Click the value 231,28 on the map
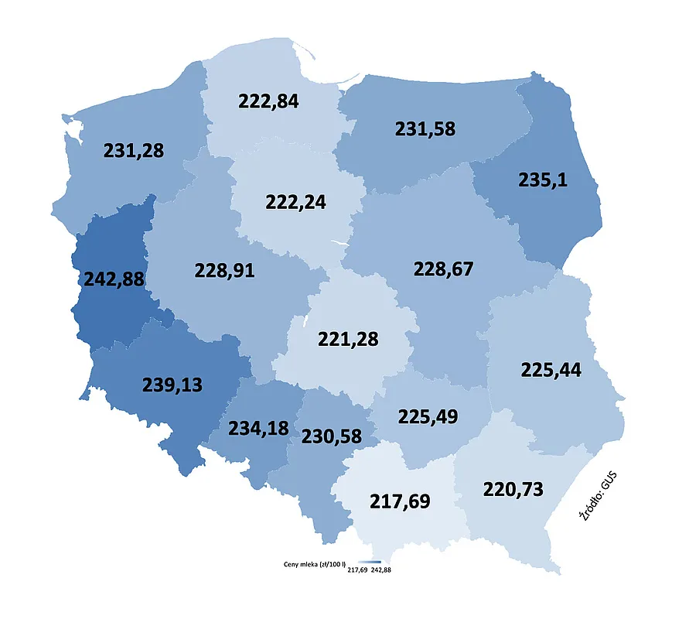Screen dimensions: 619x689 coord(134,150)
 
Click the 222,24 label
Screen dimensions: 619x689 coord(295,203)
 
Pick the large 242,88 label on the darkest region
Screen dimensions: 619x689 coord(113,279)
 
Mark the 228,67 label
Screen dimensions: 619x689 coord(443,269)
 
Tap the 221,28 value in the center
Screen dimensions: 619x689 coord(348,339)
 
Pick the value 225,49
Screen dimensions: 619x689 coord(428,416)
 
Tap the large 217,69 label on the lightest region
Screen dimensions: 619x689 coord(400,501)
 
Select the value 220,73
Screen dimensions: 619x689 coord(513,489)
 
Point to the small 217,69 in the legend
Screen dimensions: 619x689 coord(357,570)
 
